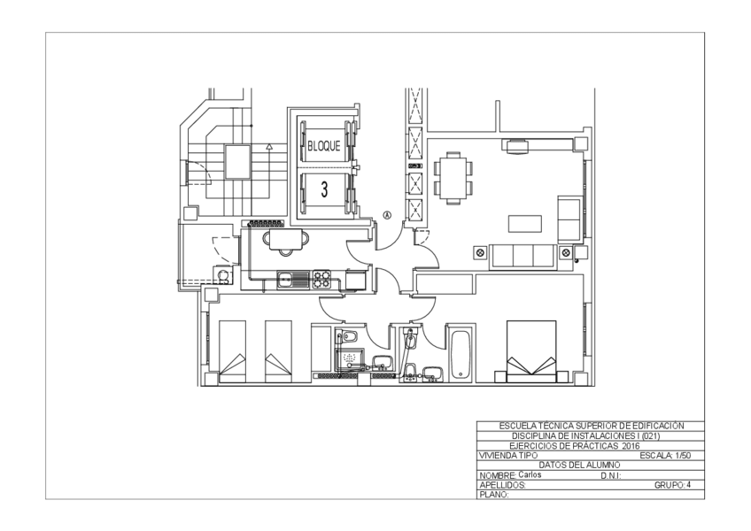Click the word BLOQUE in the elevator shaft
(324, 146)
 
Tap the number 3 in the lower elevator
(324, 189)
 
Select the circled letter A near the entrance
(387, 215)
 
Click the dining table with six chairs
(453, 178)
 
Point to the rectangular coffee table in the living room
(525, 224)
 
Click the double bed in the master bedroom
(531, 352)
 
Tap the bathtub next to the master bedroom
(461, 354)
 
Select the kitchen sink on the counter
(293, 280)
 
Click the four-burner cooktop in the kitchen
(321, 279)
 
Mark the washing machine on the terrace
(223, 275)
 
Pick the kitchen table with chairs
(285, 241)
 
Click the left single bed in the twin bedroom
(232, 352)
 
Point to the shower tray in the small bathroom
(350, 358)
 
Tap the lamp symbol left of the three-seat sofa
(480, 252)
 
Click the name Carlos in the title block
(530, 474)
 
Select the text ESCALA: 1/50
(665, 456)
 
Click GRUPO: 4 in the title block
(672, 485)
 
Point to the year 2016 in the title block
(631, 446)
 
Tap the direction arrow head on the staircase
(269, 147)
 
